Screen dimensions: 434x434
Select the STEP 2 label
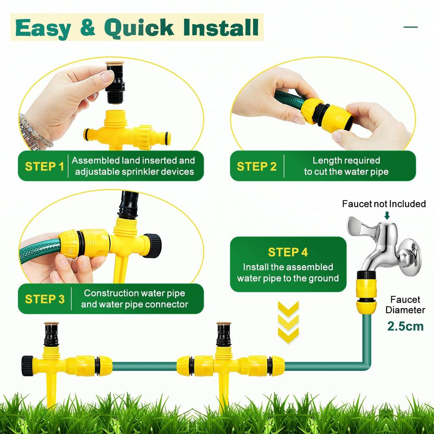(256, 166)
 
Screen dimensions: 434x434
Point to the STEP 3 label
(45, 299)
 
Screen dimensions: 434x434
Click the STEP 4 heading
(288, 252)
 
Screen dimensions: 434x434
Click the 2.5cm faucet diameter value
(406, 326)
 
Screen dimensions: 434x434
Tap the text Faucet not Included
(384, 204)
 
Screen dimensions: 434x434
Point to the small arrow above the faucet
(387, 216)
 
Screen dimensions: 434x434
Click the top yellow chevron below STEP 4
(288, 309)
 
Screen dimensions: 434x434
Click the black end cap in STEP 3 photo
(153, 245)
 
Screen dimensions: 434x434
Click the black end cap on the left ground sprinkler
(28, 365)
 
